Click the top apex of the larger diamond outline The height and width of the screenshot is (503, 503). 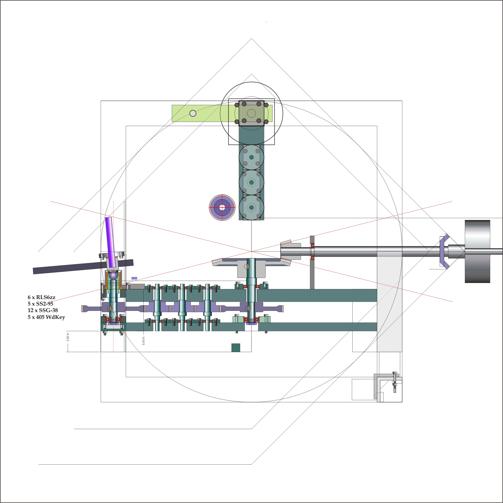click(251, 38)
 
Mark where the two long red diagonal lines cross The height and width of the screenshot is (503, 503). click(251, 251)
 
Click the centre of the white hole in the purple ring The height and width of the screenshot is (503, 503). click(222, 207)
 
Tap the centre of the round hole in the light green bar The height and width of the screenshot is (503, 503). click(193, 113)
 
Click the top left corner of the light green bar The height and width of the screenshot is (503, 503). click(172, 105)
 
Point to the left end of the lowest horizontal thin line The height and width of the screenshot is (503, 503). click(38, 464)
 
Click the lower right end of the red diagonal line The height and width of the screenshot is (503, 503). click(452, 302)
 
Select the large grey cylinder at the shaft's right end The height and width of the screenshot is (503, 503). click(478, 251)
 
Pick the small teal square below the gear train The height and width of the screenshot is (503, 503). click(236, 348)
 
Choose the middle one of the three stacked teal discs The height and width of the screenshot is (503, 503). click(251, 182)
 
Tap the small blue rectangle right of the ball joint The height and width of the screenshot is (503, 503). click(134, 278)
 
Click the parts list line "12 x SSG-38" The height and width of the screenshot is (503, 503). click(43, 310)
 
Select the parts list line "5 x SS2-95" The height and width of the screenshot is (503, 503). click(40, 304)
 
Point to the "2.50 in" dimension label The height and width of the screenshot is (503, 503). click(68, 337)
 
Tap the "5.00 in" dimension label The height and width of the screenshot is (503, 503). click(143, 341)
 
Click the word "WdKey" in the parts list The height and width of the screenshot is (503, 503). click(55, 317)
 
